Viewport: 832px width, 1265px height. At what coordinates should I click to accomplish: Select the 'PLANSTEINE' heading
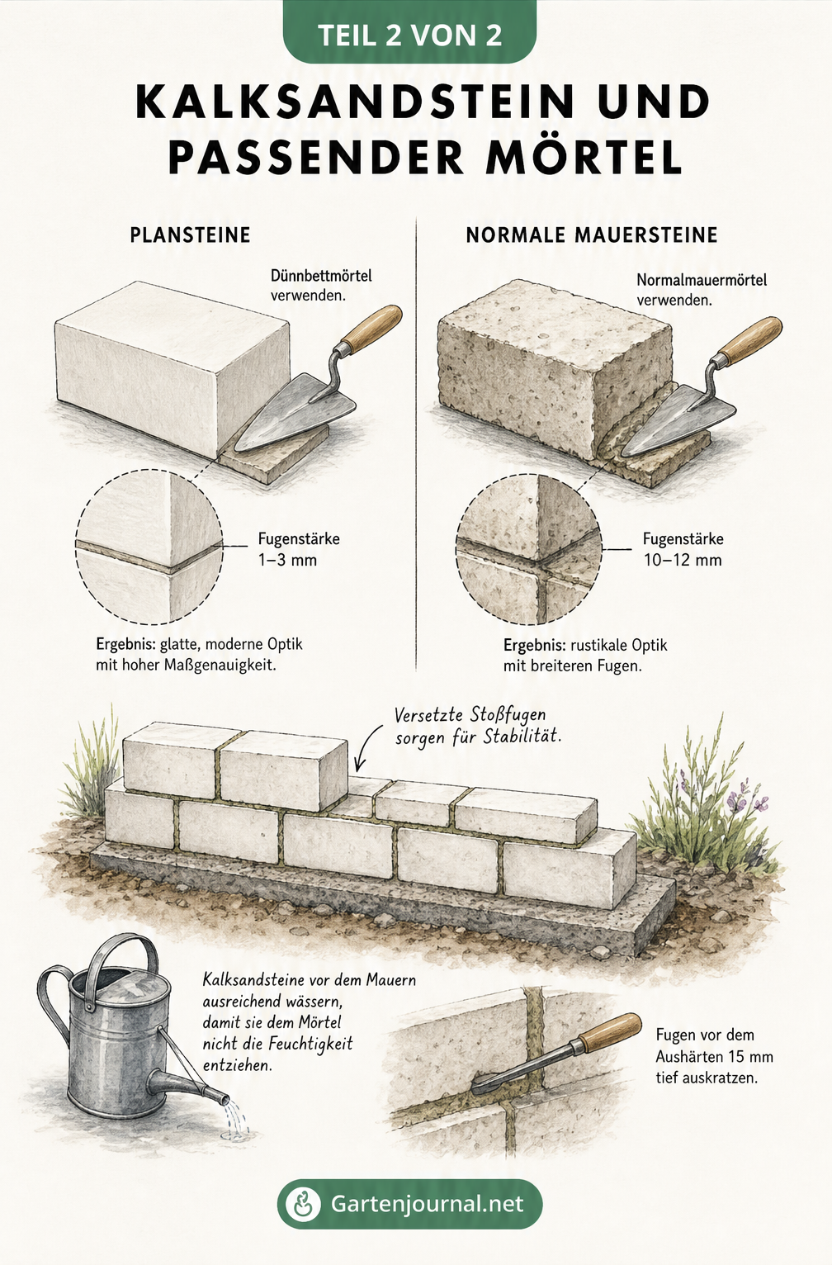190,235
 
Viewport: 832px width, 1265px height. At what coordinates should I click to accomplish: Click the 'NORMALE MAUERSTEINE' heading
592,235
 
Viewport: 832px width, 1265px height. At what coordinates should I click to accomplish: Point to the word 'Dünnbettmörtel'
321,276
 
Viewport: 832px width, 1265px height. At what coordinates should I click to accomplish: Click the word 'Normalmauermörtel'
702,280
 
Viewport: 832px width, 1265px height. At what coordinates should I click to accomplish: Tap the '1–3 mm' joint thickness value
287,560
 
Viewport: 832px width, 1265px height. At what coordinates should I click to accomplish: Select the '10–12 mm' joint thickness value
683,560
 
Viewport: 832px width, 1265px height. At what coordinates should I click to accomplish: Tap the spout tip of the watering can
225,1099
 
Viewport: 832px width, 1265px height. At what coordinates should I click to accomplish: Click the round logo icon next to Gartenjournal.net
303,1203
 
